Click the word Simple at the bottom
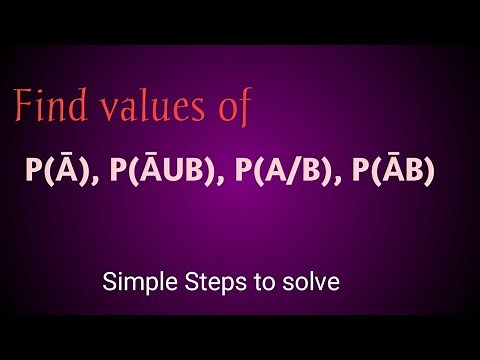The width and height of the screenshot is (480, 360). point(134,283)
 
